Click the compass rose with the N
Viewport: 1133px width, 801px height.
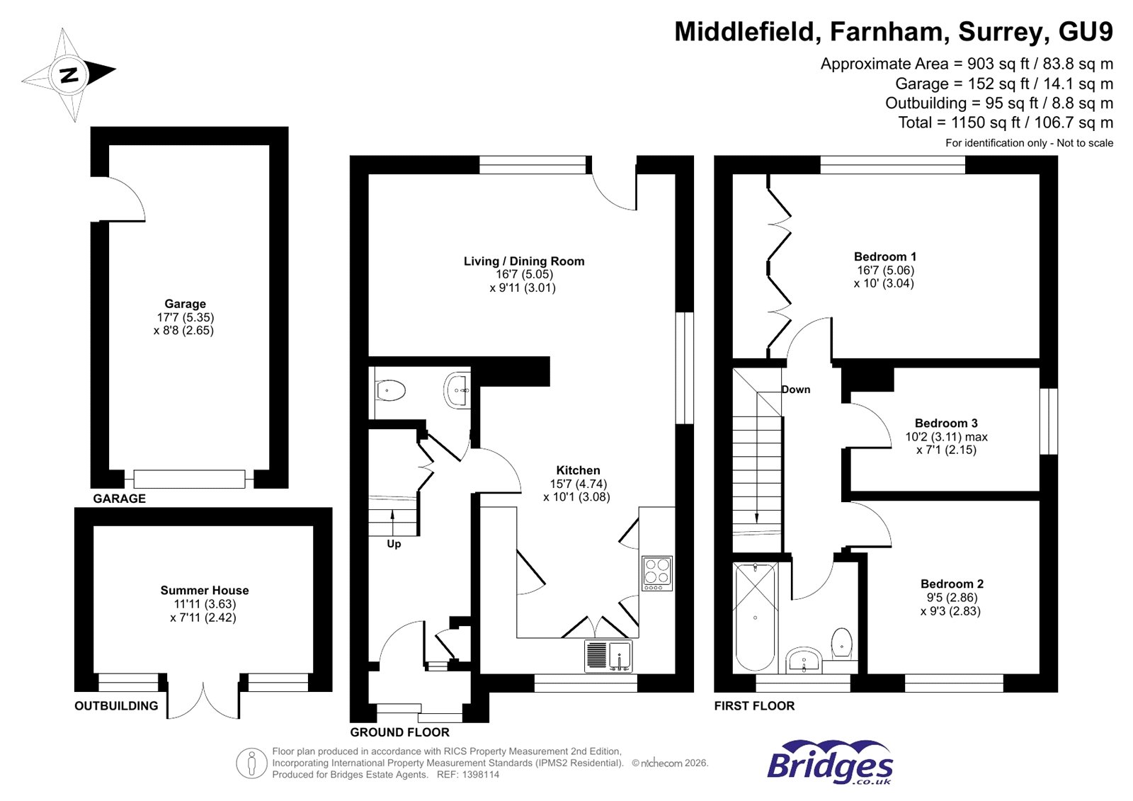[x=69, y=74]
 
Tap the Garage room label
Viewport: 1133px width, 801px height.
[x=185, y=304]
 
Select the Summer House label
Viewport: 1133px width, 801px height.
[x=205, y=590]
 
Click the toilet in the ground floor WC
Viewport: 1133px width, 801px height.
[x=390, y=390]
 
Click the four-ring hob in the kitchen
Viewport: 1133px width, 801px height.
[x=656, y=573]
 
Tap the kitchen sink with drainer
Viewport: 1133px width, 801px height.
[x=608, y=656]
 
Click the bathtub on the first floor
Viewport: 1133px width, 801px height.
[x=755, y=616]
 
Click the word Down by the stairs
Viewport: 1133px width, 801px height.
[x=796, y=390]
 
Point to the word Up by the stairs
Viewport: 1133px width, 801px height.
[x=394, y=544]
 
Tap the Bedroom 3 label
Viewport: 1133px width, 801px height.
[x=946, y=423]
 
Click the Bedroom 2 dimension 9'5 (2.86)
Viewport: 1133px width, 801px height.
[x=952, y=598]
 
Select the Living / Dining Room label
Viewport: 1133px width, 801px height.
[x=524, y=261]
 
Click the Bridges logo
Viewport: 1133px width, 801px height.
[x=830, y=763]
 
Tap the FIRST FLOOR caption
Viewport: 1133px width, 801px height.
[x=754, y=705]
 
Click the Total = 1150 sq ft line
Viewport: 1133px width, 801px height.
[x=1006, y=123]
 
